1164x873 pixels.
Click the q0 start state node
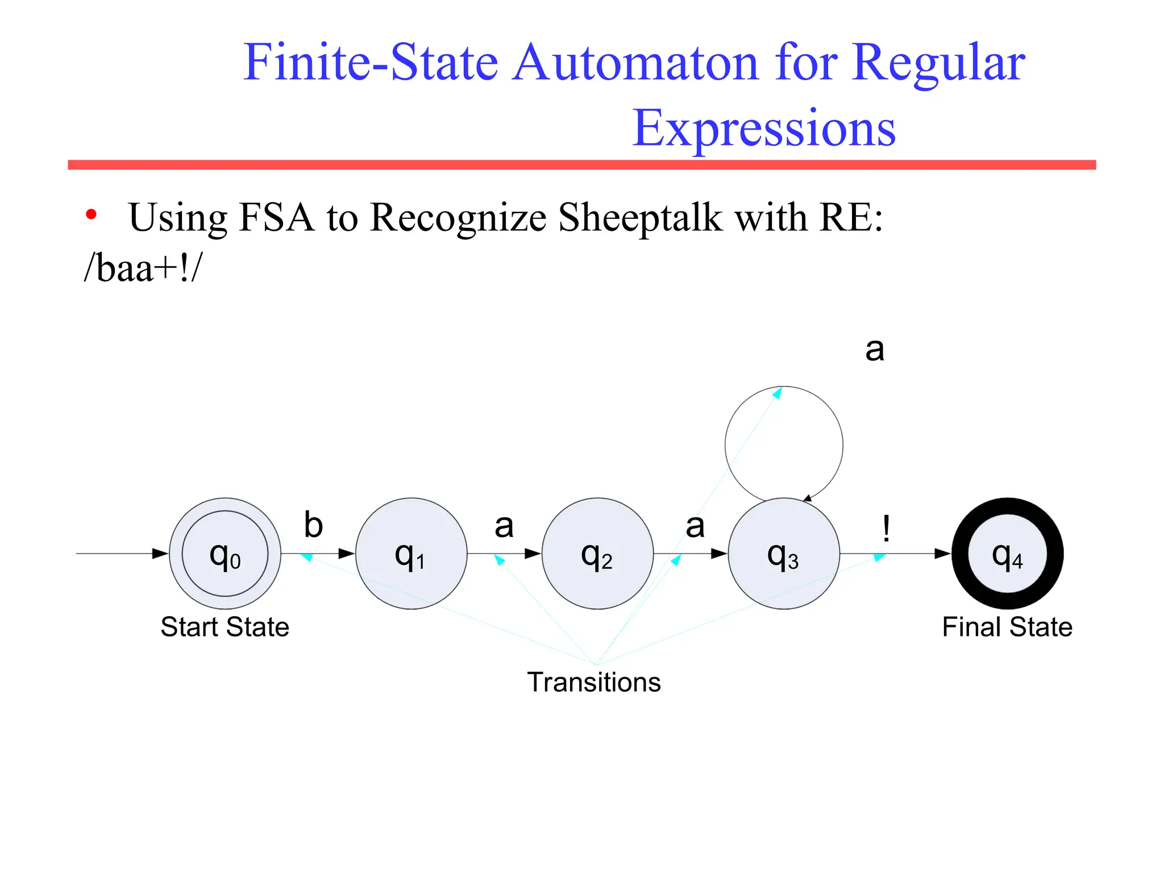pos(225,554)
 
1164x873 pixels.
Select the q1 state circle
pos(411,554)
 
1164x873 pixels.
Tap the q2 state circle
pos(597,554)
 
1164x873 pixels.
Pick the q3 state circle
pos(784,554)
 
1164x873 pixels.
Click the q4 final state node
pos(1007,554)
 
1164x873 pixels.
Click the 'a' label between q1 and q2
pos(504,526)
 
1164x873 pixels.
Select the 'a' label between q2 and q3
pos(695,526)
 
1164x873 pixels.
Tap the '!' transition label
pos(886,528)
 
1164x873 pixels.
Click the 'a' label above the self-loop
pos(875,349)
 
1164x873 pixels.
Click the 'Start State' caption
pos(225,627)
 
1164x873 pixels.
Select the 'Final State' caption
pos(1007,627)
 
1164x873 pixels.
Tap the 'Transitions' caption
pos(594,682)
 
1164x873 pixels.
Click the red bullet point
pos(91,215)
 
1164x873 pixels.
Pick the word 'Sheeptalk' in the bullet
pos(640,217)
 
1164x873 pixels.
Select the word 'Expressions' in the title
pos(764,128)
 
